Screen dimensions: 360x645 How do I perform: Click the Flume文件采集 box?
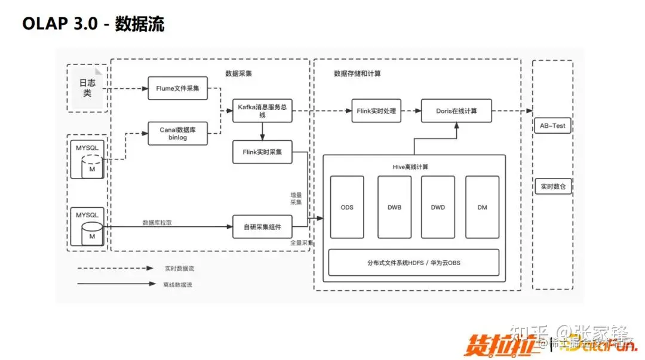point(178,88)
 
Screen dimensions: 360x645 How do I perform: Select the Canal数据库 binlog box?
point(178,133)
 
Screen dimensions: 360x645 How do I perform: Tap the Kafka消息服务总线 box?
point(263,110)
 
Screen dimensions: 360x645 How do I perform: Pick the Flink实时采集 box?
point(263,152)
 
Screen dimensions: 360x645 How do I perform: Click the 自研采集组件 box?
point(263,227)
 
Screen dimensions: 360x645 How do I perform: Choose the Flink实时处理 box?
point(376,110)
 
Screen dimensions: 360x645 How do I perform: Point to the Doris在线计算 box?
point(457,110)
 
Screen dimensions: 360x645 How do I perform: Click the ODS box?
point(347,207)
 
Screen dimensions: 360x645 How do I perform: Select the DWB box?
point(394,207)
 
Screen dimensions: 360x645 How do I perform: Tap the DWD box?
point(438,207)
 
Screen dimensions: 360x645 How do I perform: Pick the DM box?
point(482,207)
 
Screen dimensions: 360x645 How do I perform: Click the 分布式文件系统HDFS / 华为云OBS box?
point(413,262)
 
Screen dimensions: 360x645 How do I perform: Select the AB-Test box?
point(552,126)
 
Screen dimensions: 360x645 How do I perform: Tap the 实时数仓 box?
point(553,187)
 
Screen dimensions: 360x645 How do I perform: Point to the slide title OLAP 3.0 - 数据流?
point(93,24)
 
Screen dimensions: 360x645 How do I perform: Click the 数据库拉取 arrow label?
point(158,222)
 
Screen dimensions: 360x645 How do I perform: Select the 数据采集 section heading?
point(238,73)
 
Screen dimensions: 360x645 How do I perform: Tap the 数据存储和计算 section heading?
point(357,73)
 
